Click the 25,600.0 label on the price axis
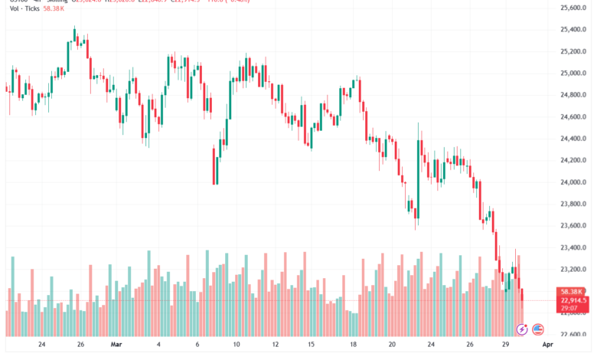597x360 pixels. pos(573,8)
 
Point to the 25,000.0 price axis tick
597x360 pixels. pos(573,74)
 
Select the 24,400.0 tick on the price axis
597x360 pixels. pos(573,139)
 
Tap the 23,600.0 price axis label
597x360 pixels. pos(573,226)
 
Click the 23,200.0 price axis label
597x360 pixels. pos(573,270)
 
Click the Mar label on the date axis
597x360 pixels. pos(117,345)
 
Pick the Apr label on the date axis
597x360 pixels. pos(549,345)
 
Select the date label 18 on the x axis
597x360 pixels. pos(353,345)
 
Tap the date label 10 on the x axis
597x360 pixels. pos(236,345)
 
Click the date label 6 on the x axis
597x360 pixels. pos(197,345)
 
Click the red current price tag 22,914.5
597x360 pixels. pos(573,300)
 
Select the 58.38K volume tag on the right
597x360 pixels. pos(573,292)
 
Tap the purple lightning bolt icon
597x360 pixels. pos(522,329)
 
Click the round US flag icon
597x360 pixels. pos(537,329)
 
